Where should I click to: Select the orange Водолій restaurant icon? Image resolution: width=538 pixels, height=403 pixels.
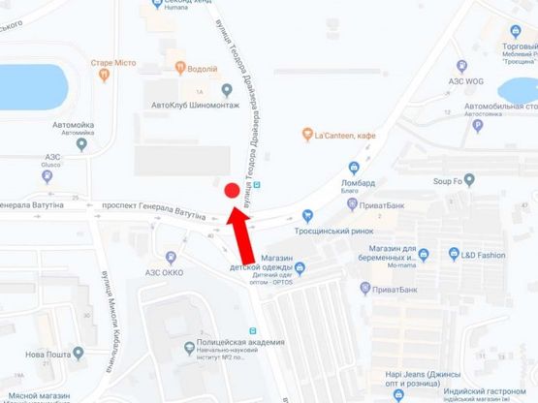[180, 68]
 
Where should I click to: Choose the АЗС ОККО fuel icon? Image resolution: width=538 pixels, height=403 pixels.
[172, 258]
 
